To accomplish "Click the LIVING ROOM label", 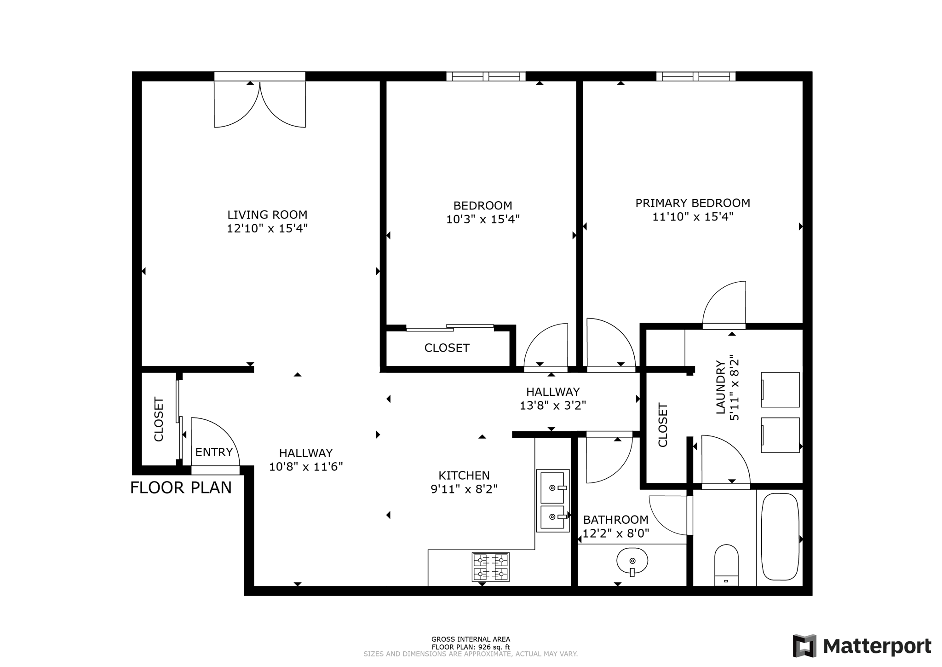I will (267, 215).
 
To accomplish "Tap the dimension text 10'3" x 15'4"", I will (482, 220).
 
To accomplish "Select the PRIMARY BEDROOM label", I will (692, 203).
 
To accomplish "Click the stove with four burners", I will (490, 567).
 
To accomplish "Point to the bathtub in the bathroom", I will (780, 537).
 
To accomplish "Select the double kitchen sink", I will (552, 500).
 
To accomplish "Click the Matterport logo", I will (862, 646).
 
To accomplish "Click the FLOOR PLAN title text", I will (181, 487).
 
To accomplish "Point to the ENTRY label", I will (214, 452).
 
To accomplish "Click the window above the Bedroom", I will (486, 76).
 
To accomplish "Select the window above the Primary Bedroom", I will (695, 76).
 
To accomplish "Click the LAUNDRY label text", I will (720, 387).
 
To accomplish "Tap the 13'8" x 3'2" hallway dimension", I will (552, 406).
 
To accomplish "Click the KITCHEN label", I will (464, 475).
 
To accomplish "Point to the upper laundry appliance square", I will (780, 389).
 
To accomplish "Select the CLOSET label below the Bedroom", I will (447, 348).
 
